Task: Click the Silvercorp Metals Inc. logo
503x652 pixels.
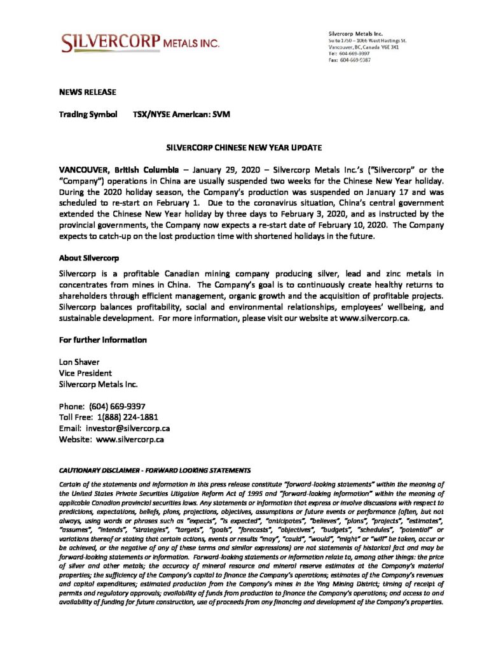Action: point(141,42)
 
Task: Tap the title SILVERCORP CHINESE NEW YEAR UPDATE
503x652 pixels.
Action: point(244,148)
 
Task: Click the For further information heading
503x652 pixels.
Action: point(102,340)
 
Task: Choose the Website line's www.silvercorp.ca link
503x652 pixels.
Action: point(130,439)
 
